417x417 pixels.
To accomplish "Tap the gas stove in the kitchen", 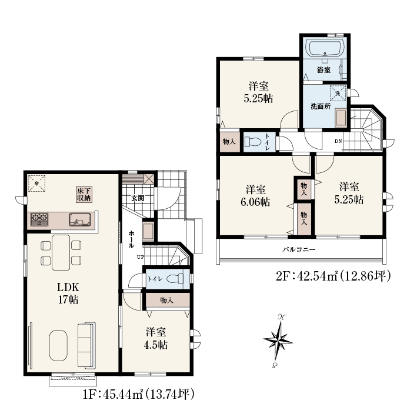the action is [x=39, y=220].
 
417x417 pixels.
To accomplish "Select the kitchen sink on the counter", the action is [x=80, y=220].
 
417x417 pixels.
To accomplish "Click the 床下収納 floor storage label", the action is [x=84, y=195].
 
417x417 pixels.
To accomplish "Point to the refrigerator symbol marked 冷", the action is [x=36, y=183].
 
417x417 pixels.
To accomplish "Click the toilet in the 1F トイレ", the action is [x=175, y=279].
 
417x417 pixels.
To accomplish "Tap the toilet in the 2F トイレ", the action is [x=252, y=141].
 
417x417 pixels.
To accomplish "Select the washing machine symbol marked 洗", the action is [x=338, y=93].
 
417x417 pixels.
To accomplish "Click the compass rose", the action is [x=278, y=341].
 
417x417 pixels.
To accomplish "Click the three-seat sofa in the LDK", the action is [x=86, y=345].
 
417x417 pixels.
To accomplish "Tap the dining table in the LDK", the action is [x=61, y=252].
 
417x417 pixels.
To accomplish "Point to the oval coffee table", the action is [x=58, y=345].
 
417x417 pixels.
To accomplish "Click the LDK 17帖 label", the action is [x=68, y=293].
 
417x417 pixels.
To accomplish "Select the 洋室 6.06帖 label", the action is [x=256, y=196].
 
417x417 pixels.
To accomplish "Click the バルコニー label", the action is [x=299, y=249].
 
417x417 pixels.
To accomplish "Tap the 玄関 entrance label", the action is [x=138, y=198].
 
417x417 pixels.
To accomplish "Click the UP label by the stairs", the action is [x=141, y=257].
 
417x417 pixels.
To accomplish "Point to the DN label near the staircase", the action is [x=338, y=141].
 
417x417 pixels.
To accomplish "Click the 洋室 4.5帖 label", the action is [x=156, y=339].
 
